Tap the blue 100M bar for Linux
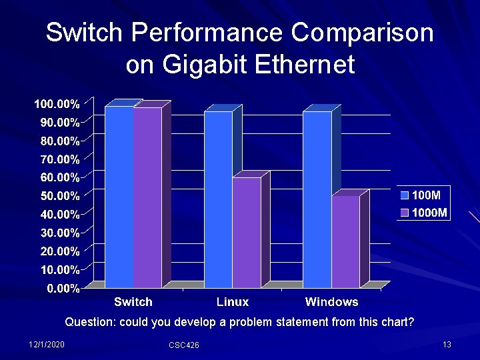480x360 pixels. pos(218,199)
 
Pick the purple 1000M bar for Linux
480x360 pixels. pos(246,233)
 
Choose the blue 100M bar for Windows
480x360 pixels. pos(317,199)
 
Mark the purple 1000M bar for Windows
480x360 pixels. pos(345,241)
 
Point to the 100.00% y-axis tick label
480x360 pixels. pos(57,104)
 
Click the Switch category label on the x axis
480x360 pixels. pos(133,302)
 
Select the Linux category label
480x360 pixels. pos(233,302)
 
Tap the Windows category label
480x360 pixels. pos(331,302)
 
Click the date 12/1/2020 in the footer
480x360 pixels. pos(47,344)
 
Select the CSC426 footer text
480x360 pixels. pos(183,345)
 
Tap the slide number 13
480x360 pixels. pos(447,344)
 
